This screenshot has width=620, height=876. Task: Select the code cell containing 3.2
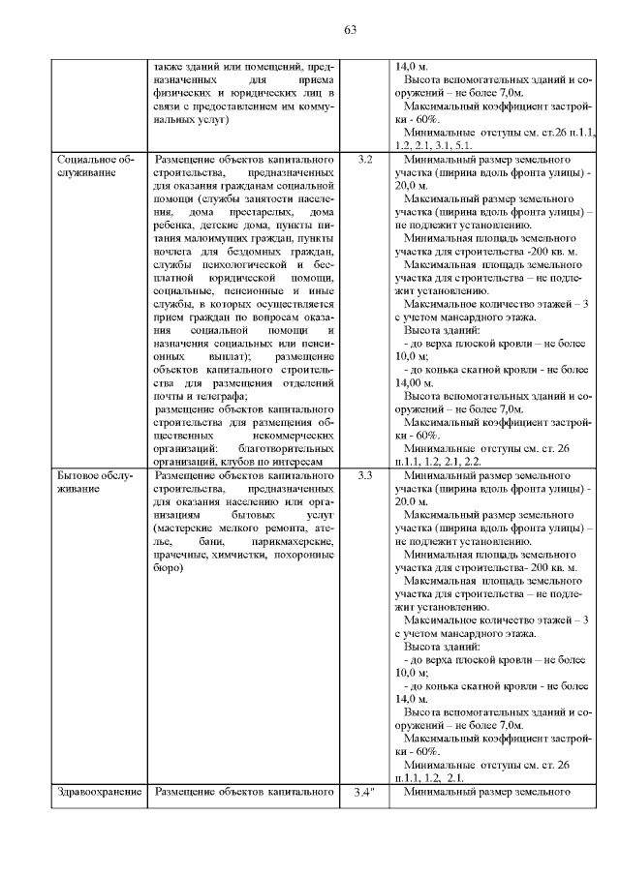[364, 158]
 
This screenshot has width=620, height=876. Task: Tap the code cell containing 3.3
[364, 476]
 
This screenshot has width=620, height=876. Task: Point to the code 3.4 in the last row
[365, 794]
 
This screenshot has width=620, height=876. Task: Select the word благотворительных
[283, 449]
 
